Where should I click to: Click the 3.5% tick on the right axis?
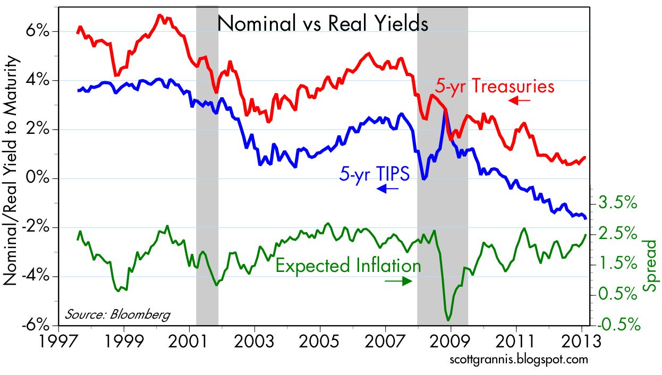pos(617,203)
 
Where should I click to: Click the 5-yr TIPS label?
pos(374,175)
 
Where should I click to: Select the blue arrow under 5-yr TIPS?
pos(388,189)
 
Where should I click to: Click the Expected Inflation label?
pos(348,265)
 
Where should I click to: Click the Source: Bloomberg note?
pos(118,314)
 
